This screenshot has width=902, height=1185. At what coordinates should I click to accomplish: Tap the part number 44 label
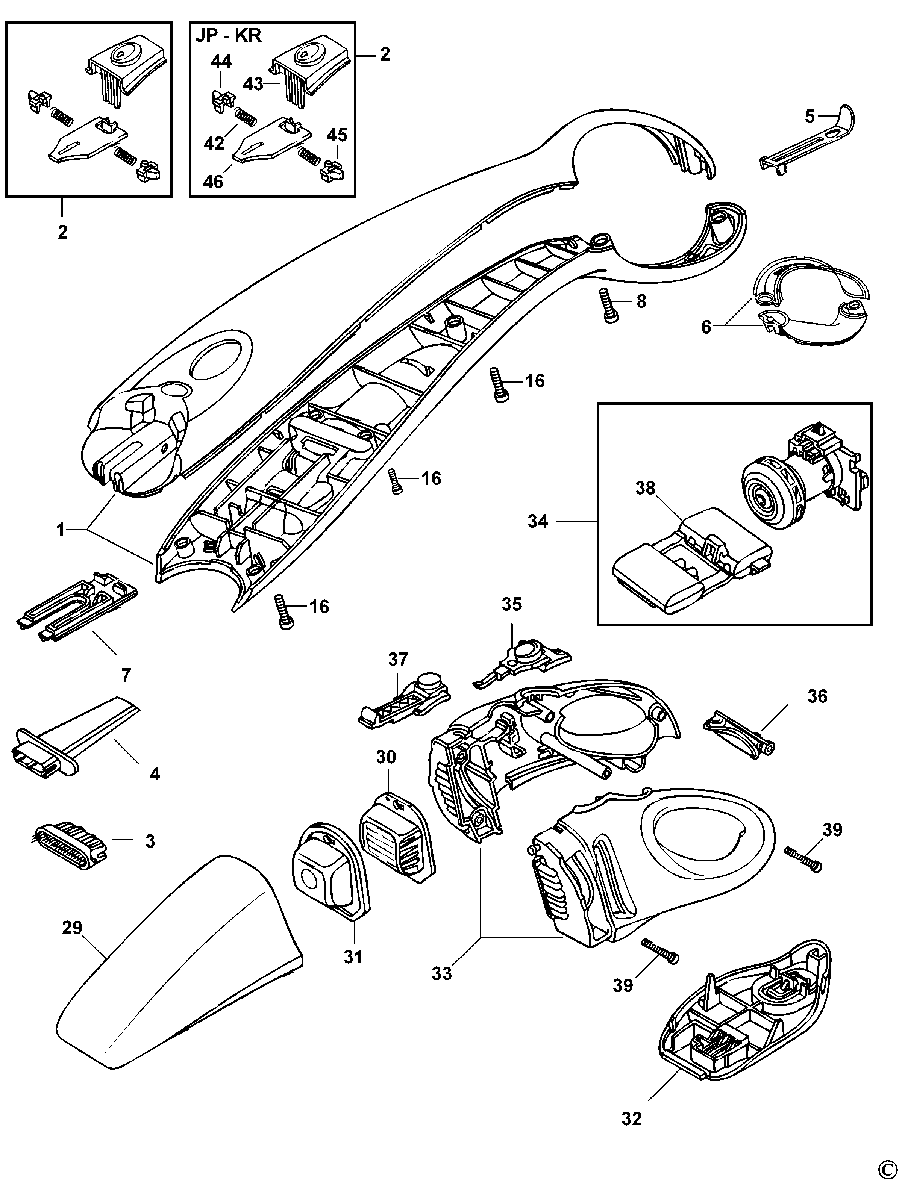pos(221,62)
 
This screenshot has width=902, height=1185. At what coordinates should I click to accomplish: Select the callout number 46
pos(213,182)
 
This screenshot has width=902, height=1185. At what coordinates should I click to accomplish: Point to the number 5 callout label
pos(810,115)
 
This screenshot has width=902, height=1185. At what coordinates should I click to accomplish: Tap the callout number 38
pos(645,488)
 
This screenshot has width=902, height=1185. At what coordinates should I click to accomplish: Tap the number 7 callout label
pos(126,675)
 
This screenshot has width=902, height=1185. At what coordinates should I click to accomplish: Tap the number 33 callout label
pos(442,973)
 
